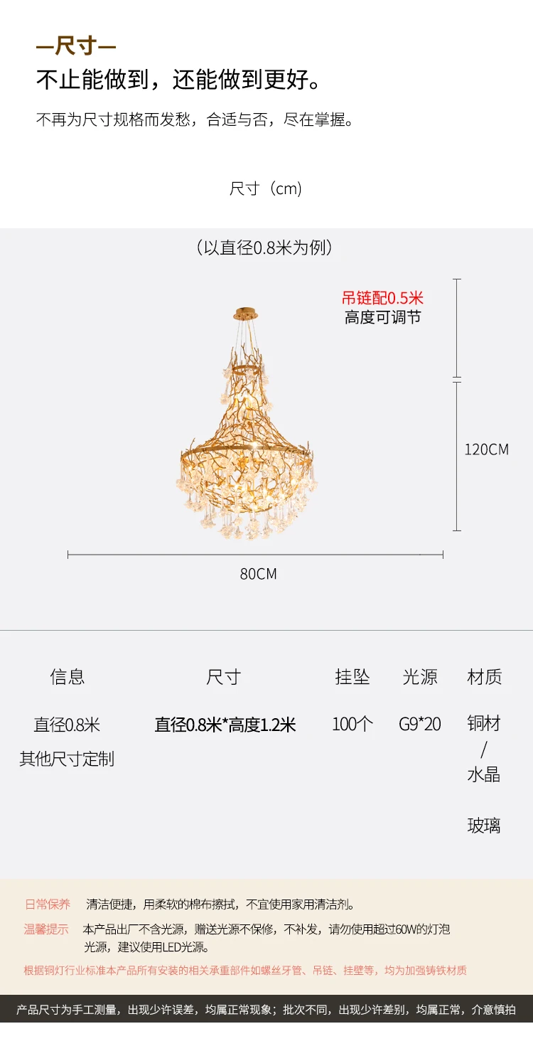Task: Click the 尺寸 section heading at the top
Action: (75, 48)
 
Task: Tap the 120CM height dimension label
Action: (486, 449)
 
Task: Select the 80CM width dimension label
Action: (258, 574)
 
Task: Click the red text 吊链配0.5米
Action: (382, 298)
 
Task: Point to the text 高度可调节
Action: (382, 317)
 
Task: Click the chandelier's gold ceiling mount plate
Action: (245, 313)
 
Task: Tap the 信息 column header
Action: (68, 676)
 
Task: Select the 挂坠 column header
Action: (352, 676)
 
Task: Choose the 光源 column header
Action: (420, 676)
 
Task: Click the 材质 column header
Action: (485, 676)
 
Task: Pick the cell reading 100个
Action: (352, 725)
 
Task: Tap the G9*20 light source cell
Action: (420, 725)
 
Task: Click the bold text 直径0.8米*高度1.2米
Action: (225, 725)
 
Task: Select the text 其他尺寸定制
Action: (67, 759)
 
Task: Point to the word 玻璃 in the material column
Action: (484, 826)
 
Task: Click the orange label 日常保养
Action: (48, 904)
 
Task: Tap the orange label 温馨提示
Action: (46, 929)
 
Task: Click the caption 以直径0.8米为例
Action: (265, 247)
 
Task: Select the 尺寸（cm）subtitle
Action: (266, 188)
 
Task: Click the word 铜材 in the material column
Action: (484, 724)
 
